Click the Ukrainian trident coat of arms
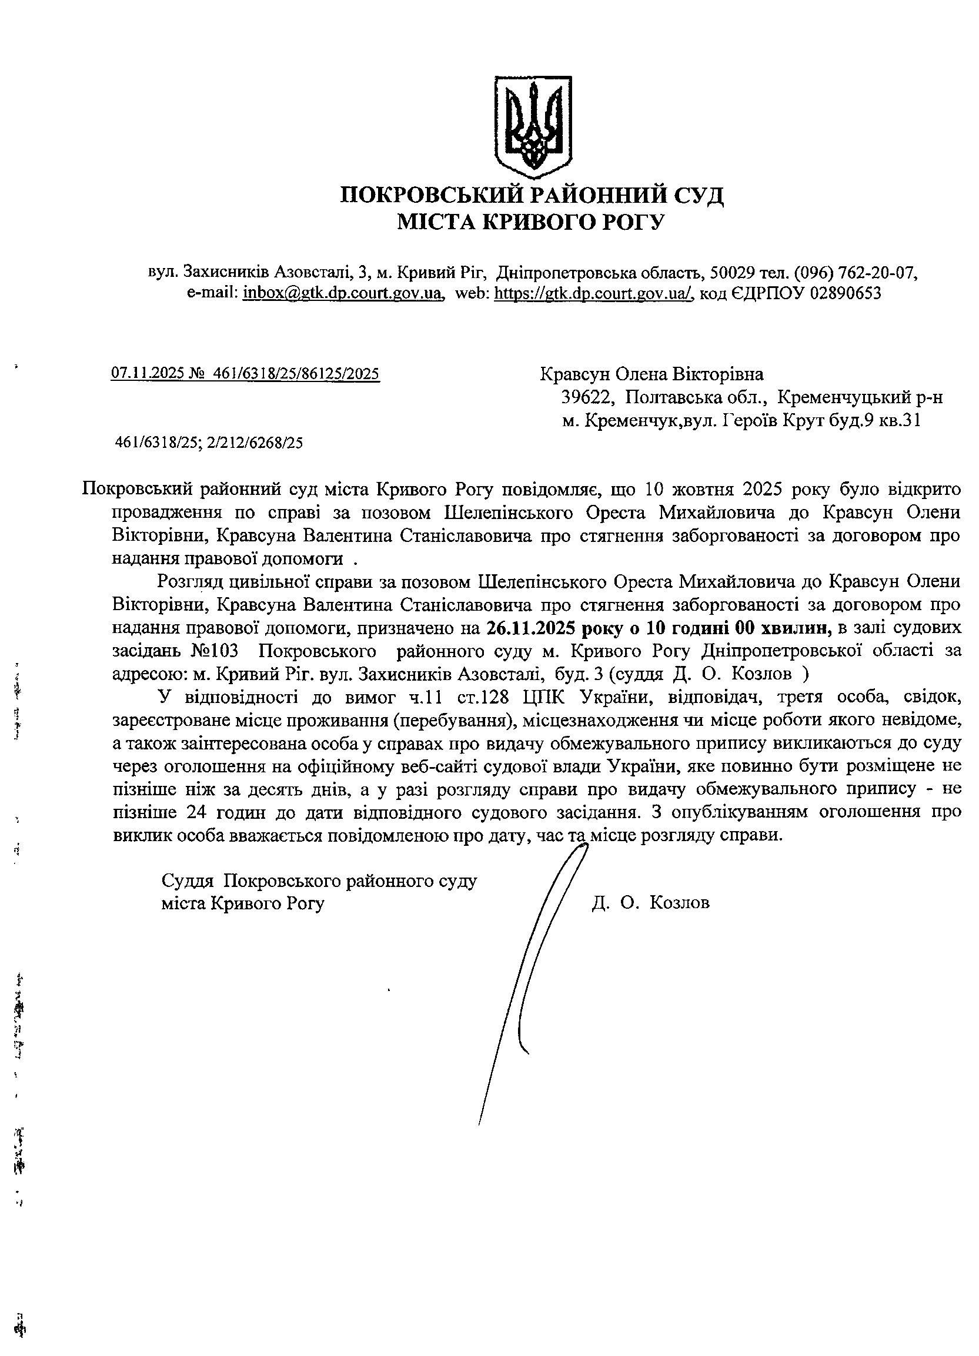point(532,126)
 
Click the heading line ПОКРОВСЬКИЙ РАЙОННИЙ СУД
point(532,196)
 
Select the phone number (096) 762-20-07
point(855,273)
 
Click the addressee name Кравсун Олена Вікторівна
point(651,374)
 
